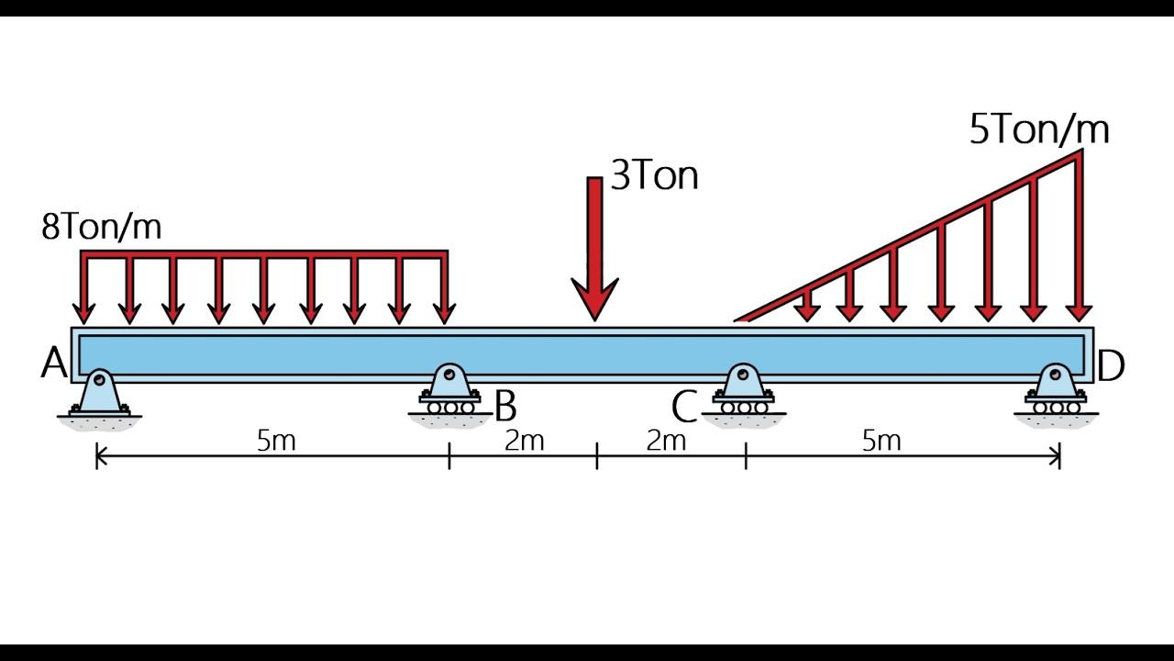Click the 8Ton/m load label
101,227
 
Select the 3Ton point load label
655,175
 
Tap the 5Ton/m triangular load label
1039,129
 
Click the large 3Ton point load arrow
595,249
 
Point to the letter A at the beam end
54,363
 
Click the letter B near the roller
505,406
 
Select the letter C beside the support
684,407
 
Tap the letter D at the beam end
1111,365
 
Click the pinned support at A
100,399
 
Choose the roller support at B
449,396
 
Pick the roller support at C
743,396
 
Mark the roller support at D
1056,396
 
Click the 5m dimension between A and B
276,441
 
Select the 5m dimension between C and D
881,441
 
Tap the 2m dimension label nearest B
524,441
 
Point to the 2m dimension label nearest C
666,441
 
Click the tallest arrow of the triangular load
1080,236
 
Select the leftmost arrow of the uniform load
83,287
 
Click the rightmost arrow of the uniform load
445,287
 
